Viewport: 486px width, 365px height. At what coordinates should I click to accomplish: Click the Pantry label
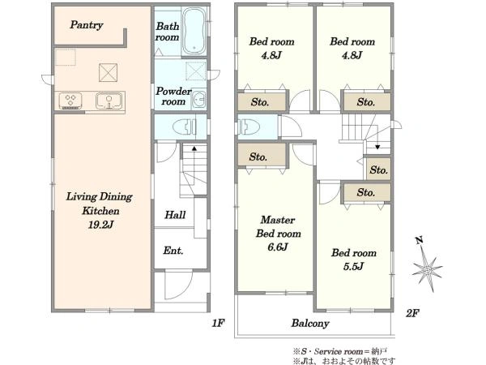point(87,25)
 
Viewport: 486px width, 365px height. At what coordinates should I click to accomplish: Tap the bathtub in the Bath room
point(194,31)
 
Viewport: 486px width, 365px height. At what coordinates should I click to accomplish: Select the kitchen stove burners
point(70,101)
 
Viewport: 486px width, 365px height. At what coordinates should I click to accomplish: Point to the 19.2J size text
point(100,225)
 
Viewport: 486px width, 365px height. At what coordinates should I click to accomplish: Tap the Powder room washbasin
point(198,99)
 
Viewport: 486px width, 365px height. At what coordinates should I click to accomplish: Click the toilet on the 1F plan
point(185,127)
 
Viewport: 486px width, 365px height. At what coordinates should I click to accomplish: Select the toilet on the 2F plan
point(249,127)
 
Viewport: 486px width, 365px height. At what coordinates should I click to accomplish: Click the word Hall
point(175,215)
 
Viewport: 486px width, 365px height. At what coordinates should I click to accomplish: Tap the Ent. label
point(173,251)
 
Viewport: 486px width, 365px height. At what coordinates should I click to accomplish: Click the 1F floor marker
point(218,323)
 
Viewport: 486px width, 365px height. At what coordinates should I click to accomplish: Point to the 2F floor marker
point(412,313)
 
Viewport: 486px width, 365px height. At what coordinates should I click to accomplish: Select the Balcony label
point(310,324)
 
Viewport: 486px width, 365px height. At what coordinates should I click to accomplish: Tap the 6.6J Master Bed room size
point(278,247)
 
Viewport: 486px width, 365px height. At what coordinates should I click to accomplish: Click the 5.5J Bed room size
point(353,266)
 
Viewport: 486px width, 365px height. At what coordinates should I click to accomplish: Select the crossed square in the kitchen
point(109,73)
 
